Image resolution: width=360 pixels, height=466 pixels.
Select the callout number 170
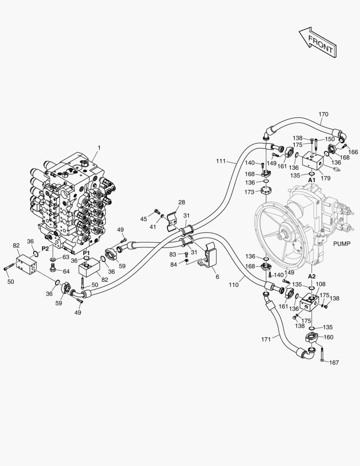[323, 114]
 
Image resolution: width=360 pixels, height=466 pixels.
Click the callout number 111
[221, 161]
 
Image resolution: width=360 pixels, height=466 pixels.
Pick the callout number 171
[266, 339]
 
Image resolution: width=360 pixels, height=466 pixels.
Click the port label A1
[312, 179]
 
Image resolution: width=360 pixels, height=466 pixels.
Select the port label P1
[87, 252]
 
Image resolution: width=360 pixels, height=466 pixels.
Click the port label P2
[45, 249]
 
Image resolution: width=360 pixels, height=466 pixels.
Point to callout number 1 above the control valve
[99, 148]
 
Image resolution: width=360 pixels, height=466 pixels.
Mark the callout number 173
[249, 192]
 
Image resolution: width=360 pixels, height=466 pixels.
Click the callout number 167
[334, 363]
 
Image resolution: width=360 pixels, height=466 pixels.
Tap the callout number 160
[328, 337]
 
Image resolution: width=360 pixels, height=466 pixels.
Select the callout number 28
[182, 202]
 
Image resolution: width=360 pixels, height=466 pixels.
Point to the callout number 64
[66, 271]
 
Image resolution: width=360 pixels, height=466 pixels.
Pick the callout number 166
[353, 152]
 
